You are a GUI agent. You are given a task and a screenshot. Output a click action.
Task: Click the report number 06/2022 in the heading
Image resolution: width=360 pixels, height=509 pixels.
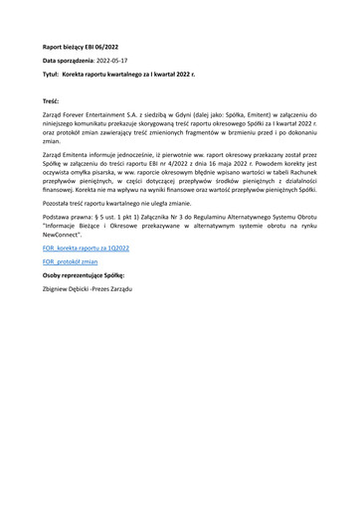coord(106,46)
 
